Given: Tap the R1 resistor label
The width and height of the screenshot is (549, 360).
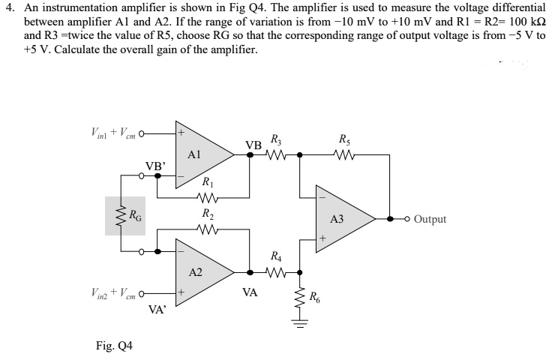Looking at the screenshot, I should [207, 181].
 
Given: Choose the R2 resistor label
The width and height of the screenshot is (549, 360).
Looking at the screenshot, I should [207, 213].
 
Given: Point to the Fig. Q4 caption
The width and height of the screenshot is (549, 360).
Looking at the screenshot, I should [115, 346].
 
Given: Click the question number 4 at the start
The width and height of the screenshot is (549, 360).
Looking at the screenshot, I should [8, 7].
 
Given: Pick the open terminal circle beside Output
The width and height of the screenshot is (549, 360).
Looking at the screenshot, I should [408, 219].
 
